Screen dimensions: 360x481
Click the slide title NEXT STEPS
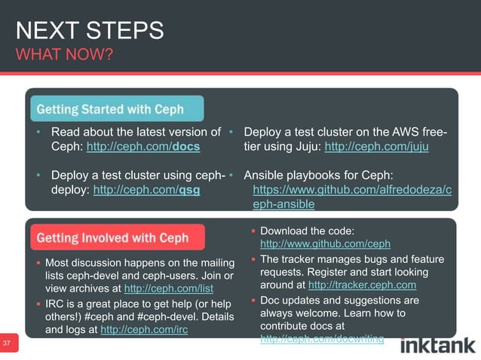point(90,31)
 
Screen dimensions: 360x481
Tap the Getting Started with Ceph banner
point(116,108)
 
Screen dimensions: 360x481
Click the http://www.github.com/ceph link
point(325,244)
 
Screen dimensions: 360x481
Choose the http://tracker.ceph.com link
point(362,285)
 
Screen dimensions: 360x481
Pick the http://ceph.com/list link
point(169,288)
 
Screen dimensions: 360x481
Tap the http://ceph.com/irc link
point(144,329)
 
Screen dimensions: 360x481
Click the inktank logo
point(437,346)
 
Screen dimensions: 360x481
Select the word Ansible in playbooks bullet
point(265,176)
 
